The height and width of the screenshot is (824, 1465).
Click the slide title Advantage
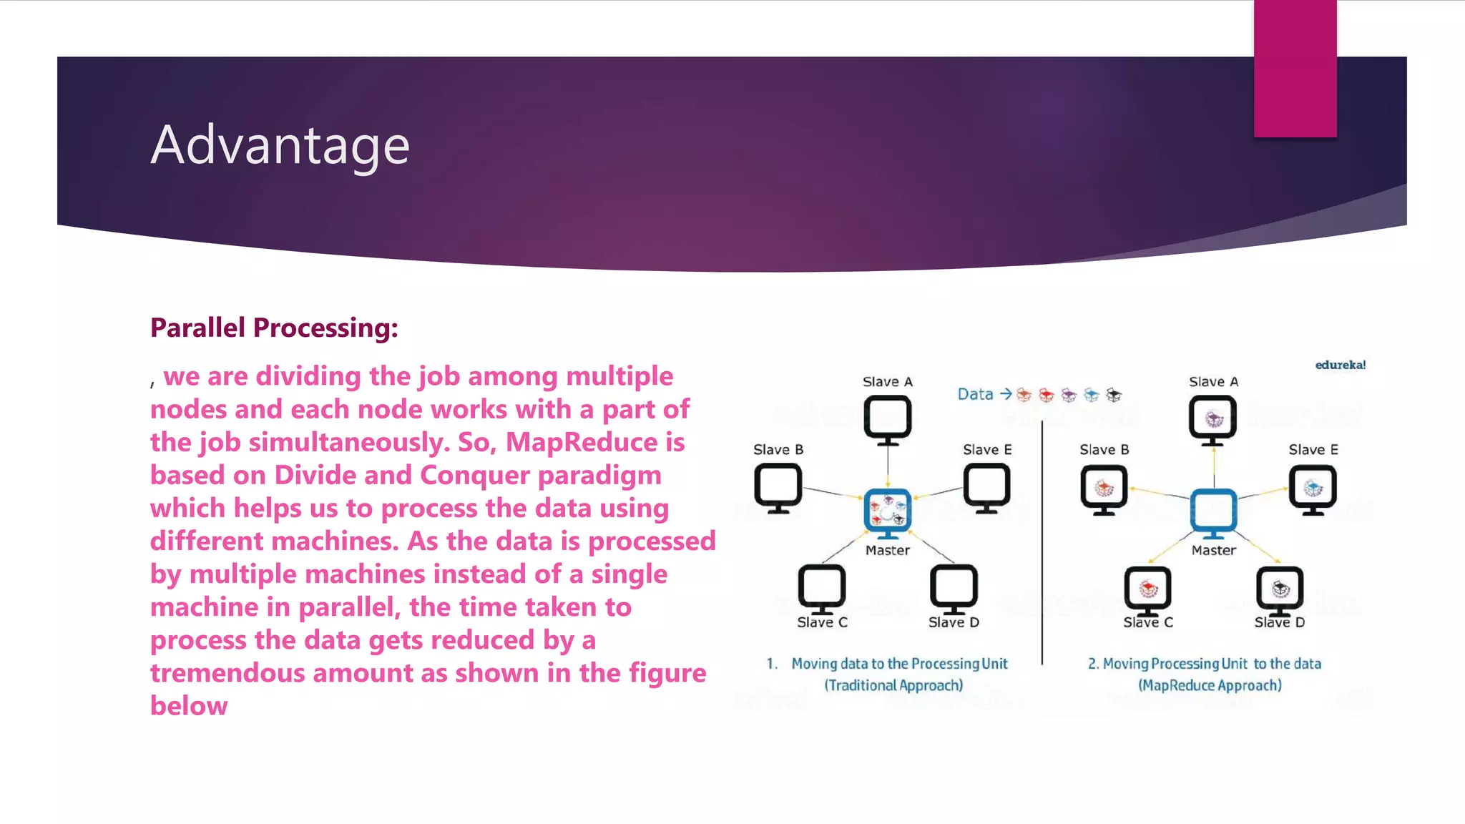[x=280, y=145]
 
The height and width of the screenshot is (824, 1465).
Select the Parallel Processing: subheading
[x=274, y=328]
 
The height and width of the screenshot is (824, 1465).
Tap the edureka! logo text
[x=1340, y=365]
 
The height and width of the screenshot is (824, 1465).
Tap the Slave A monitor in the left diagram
[x=887, y=418]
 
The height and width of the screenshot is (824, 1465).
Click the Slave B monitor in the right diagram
[x=1104, y=489]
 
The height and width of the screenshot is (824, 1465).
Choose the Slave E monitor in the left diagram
[x=986, y=487]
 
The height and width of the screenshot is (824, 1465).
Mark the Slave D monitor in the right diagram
[x=1280, y=589]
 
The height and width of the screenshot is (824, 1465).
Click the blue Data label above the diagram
[x=975, y=394]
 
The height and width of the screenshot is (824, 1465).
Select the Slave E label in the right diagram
[x=1313, y=450]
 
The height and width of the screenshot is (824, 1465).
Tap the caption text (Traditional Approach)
[x=893, y=685]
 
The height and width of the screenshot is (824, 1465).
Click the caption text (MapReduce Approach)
[x=1210, y=685]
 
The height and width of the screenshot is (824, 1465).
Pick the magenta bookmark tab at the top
[x=1295, y=68]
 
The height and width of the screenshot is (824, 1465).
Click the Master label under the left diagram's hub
[x=887, y=550]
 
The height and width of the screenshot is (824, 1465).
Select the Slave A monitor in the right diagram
[x=1213, y=418]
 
